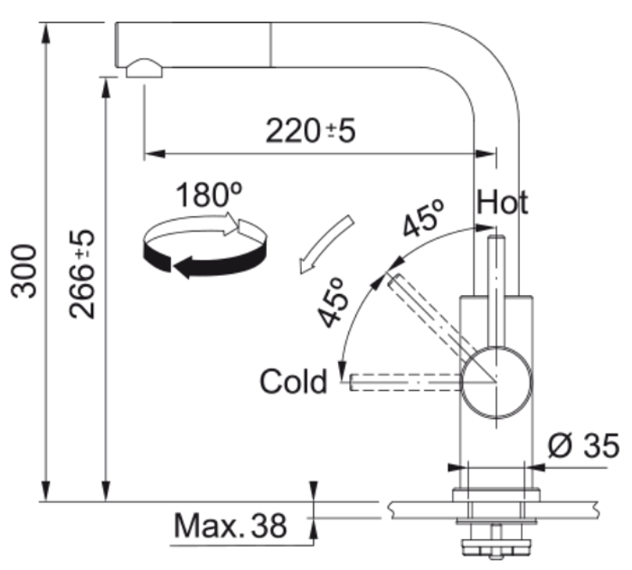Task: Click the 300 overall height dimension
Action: [x=24, y=271]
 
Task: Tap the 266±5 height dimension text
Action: [x=81, y=274]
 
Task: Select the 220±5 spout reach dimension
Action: [x=310, y=130]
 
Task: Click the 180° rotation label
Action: [x=209, y=195]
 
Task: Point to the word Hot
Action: [x=502, y=202]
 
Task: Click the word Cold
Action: [x=293, y=382]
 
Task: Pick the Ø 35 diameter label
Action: [x=583, y=446]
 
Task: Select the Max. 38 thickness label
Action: [x=231, y=526]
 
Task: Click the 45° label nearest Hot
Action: [x=424, y=218]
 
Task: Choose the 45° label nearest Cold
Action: [x=332, y=302]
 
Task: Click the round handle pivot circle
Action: [x=496, y=383]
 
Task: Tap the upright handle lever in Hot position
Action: [x=496, y=291]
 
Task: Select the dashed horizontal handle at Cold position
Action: [x=405, y=382]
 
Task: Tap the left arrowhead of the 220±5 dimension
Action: [x=155, y=153]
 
